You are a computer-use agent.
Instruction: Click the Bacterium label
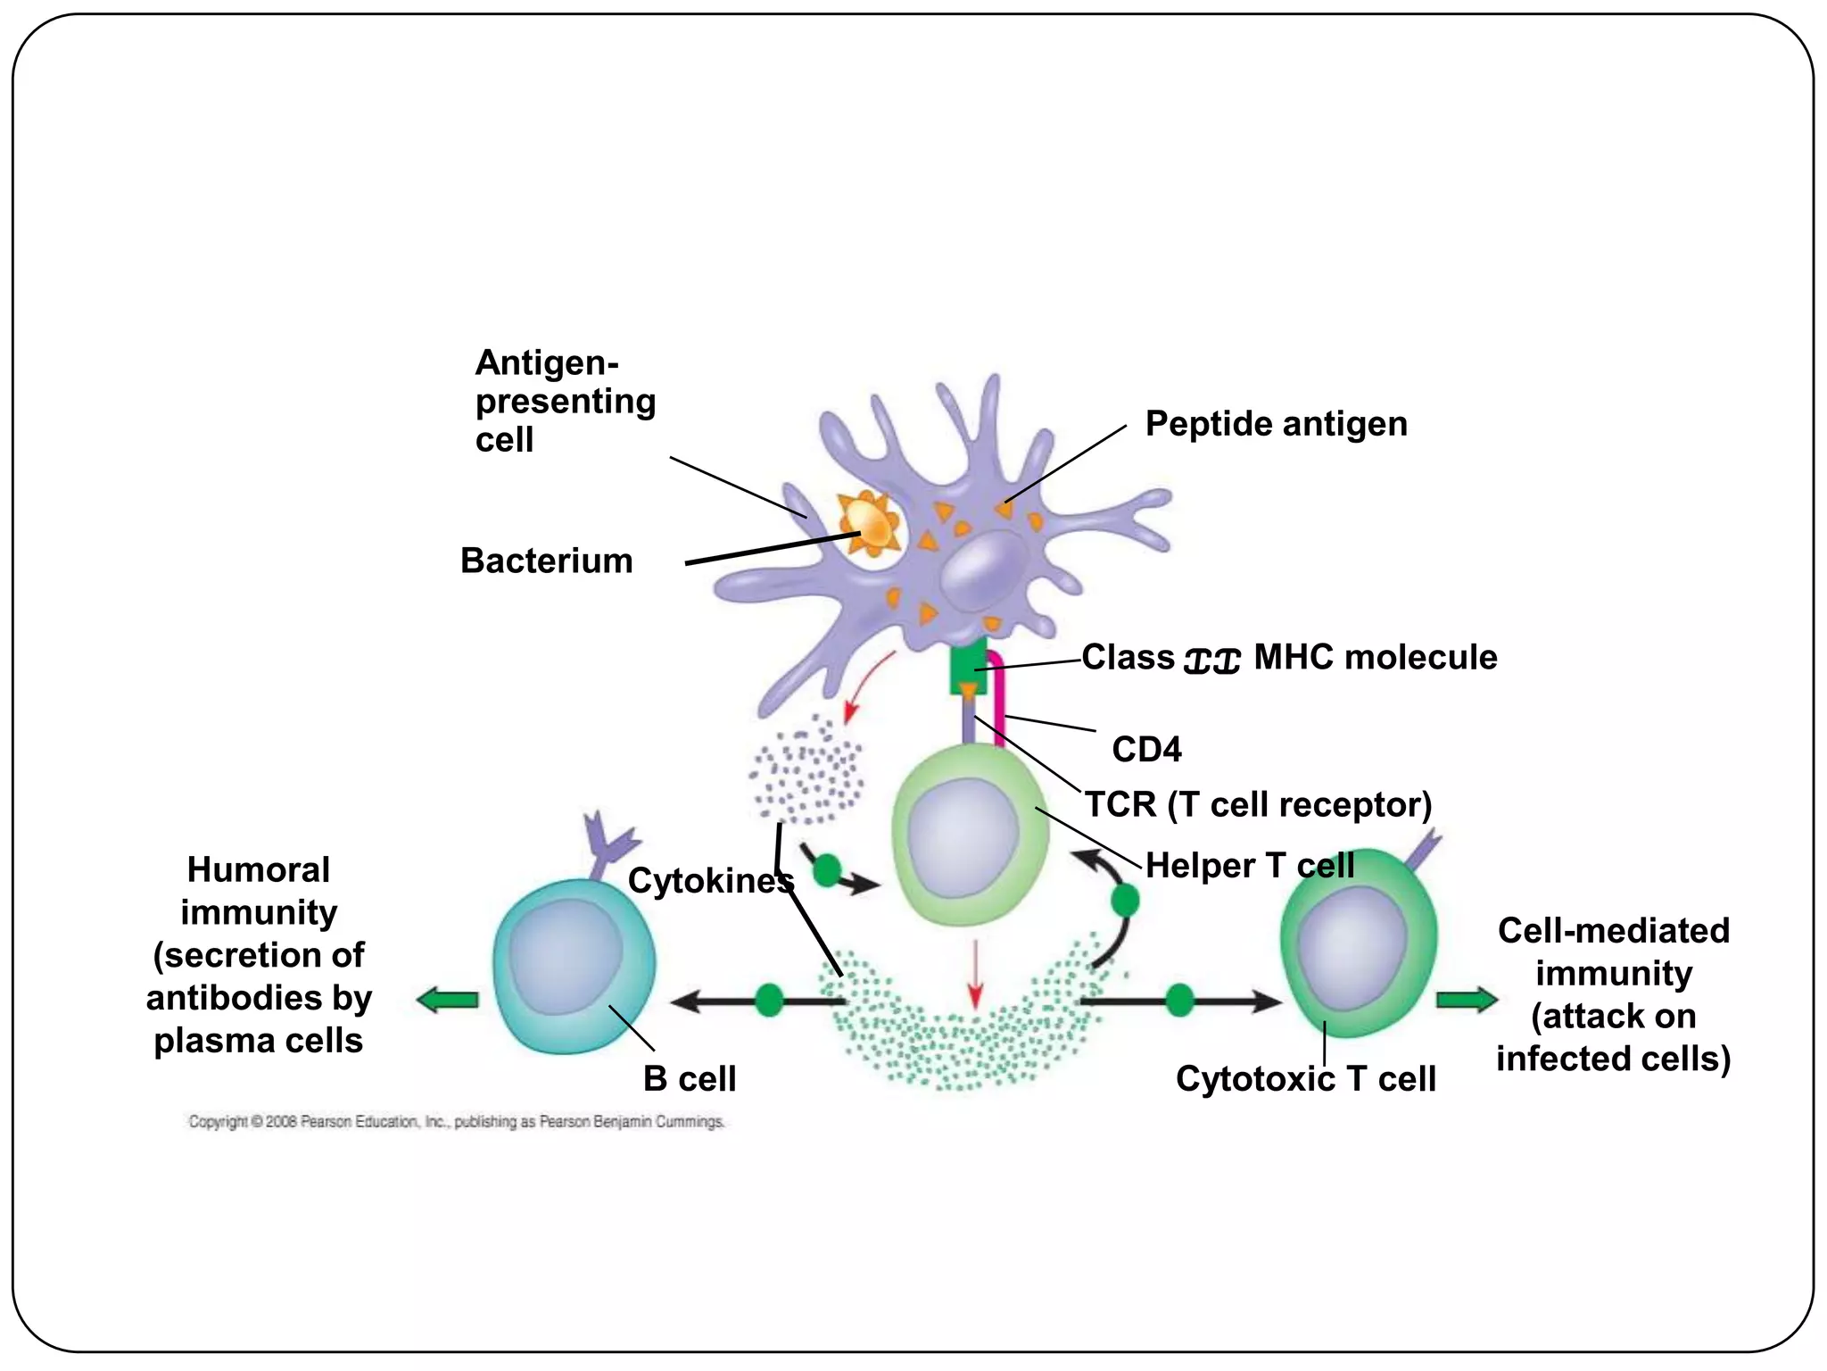[x=546, y=561]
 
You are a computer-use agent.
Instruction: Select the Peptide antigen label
[x=1276, y=424]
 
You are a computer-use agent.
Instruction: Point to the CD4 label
[x=1146, y=750]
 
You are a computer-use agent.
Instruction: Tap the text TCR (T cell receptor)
[x=1258, y=805]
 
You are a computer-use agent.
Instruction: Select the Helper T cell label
[x=1249, y=866]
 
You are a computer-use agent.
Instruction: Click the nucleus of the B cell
[x=566, y=956]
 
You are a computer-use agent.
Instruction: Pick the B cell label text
[x=690, y=1079]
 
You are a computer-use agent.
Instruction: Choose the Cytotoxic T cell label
[x=1305, y=1079]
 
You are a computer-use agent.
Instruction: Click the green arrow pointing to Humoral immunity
[x=448, y=1001]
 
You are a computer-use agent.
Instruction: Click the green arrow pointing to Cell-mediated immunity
[x=1467, y=1000]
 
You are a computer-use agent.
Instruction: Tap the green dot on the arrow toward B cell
[x=769, y=1001]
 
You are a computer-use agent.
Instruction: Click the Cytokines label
[x=710, y=881]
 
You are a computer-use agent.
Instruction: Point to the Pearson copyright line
[x=456, y=1122]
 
